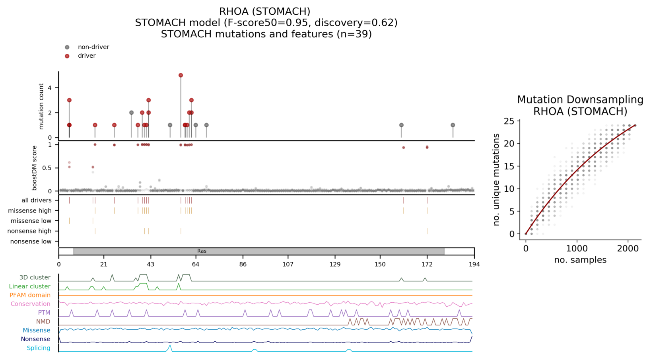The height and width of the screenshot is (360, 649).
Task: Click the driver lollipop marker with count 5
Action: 181,75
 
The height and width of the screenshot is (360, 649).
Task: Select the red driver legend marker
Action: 67,56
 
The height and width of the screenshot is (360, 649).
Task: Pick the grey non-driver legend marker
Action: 67,47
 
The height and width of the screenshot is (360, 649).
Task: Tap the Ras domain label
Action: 202,251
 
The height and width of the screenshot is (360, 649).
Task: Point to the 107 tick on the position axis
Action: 288,264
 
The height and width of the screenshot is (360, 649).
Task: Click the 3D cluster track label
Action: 35,278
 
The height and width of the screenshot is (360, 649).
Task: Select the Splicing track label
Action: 39,348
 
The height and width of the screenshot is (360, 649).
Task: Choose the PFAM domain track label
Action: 30,295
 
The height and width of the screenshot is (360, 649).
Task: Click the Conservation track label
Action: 31,304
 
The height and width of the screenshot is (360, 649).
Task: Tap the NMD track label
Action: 43,321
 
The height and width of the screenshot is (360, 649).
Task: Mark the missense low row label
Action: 31,221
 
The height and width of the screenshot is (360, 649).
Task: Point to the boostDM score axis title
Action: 35,168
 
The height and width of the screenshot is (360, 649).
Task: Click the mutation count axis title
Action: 41,106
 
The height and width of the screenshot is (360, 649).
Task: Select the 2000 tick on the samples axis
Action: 628,249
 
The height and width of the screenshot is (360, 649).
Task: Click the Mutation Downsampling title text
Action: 580,100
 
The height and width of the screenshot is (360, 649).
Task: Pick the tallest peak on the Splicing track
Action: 170,346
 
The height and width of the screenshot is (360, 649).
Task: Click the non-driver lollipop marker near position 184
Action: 453,125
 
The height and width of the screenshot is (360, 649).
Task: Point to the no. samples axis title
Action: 580,260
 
